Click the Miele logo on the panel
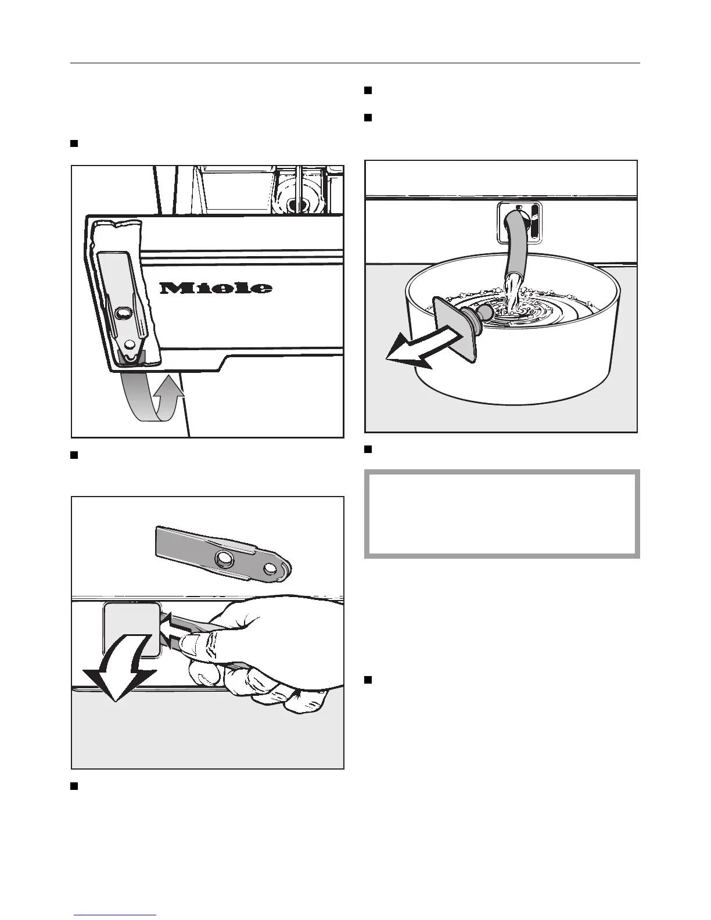coord(216,287)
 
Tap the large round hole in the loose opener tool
coord(222,559)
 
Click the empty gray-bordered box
coord(502,514)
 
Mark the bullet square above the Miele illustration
coord(74,143)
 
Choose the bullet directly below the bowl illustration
coord(368,449)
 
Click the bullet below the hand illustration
coord(74,786)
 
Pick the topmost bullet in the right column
coord(368,90)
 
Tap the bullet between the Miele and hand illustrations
coord(74,455)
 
